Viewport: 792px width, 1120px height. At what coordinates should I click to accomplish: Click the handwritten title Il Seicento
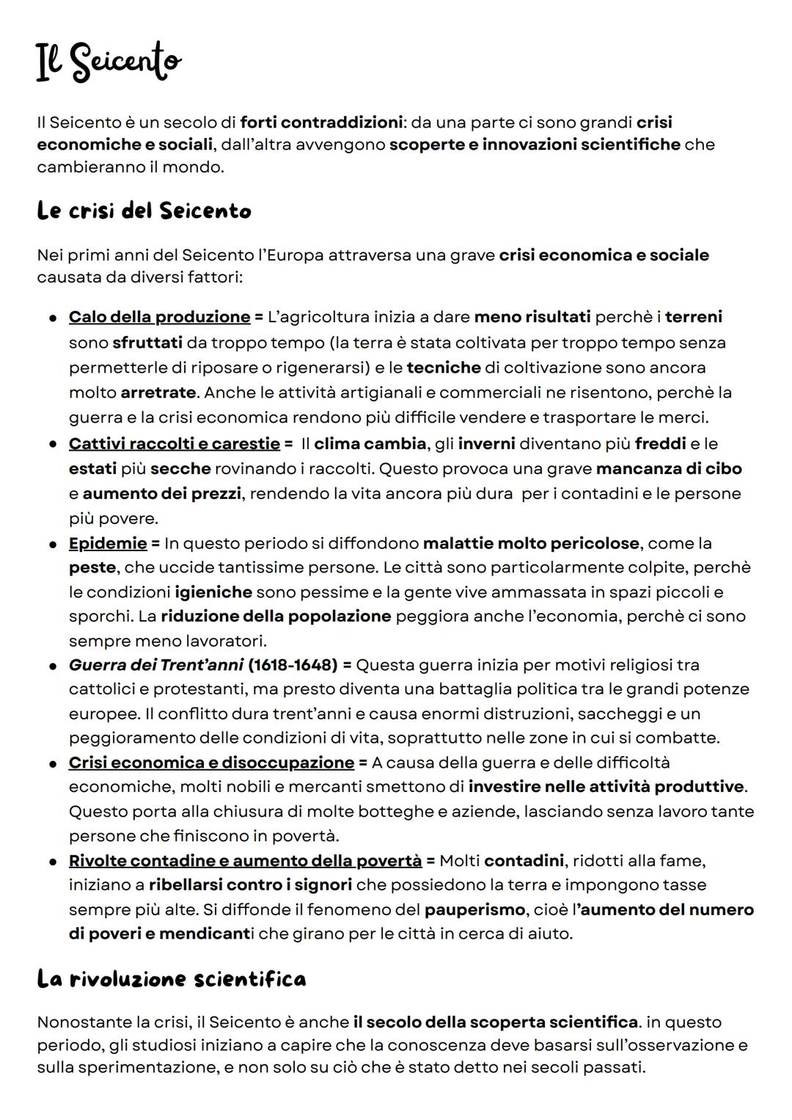pos(109,63)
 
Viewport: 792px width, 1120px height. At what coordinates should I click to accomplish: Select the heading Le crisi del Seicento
pos(144,211)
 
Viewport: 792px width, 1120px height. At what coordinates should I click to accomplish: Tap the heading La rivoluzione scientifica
pos(172,979)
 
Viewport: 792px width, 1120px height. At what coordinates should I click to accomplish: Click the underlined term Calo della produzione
pos(159,317)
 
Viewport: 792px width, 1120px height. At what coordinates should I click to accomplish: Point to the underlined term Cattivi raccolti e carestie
pos(174,444)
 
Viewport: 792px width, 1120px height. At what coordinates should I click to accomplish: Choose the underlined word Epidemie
pos(108,544)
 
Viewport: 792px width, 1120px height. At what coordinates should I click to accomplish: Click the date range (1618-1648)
pos(293,666)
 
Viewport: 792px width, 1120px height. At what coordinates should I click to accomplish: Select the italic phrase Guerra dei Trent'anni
pos(155,666)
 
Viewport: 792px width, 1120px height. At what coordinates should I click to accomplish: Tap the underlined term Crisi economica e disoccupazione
pos(211,763)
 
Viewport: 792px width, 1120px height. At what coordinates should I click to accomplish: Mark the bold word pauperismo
pos(474,910)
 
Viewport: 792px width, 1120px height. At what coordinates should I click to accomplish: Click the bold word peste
pos(92,568)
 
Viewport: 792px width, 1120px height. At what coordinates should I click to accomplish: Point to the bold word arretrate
pos(158,393)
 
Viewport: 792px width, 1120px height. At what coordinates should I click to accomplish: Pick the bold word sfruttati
pos(147,343)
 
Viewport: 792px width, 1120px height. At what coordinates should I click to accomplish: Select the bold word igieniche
pos(213,592)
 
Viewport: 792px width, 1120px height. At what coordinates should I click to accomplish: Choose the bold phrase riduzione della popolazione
pos(276,617)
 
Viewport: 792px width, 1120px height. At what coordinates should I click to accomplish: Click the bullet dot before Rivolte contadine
pos(54,861)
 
